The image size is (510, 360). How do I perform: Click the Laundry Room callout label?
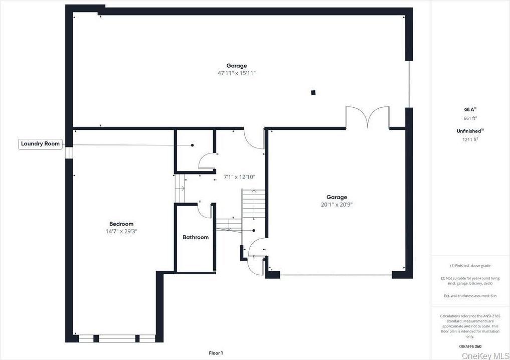click(x=40, y=144)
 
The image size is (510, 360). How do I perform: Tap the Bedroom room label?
click(x=121, y=224)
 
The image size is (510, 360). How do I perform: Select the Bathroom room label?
click(x=196, y=237)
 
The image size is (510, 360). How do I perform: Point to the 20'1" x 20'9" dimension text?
click(x=336, y=205)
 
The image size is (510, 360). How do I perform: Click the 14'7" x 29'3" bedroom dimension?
click(x=121, y=232)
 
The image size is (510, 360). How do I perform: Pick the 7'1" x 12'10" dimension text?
click(x=239, y=177)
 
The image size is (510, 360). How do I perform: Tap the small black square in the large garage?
click(x=313, y=92)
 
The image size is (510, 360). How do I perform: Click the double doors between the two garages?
click(x=368, y=117)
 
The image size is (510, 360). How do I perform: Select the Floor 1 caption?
click(x=216, y=353)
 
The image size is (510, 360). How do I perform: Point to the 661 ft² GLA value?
click(x=470, y=118)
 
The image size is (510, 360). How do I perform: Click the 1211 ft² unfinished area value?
click(x=470, y=140)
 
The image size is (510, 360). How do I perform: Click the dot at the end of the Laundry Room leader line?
click(x=192, y=145)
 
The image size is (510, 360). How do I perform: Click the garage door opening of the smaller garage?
click(x=335, y=275)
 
